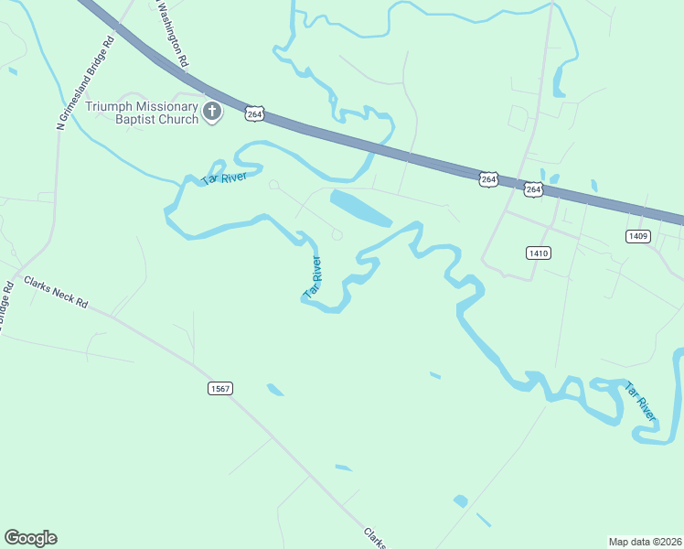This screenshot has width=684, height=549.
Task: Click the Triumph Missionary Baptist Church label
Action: coord(142,113)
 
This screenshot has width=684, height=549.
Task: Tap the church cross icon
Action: coord(212,112)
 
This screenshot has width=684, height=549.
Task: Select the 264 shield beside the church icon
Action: coord(255,113)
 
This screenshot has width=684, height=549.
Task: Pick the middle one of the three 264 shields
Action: coord(488,179)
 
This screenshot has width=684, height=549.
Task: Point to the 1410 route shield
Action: coord(539,253)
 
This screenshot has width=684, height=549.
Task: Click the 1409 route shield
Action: coord(638,236)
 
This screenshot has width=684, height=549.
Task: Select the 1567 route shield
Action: coord(219,388)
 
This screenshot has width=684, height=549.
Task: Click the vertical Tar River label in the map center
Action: coord(313,277)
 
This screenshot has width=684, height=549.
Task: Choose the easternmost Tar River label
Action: coord(641,403)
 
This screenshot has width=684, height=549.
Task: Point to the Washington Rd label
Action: coord(173,35)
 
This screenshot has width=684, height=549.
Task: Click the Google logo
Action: coord(31,538)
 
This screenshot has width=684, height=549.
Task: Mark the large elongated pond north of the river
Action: coord(360,209)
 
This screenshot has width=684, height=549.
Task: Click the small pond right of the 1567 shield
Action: coord(275,390)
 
